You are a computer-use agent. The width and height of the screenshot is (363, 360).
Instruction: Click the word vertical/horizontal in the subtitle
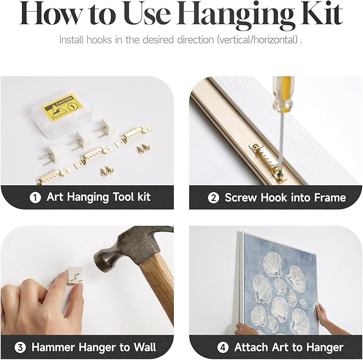point(258,40)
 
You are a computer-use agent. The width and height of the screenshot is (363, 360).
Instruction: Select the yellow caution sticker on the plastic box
point(62,107)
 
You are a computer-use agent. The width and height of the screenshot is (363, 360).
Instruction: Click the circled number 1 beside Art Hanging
point(35,197)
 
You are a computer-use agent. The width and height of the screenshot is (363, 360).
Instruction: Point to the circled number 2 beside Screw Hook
point(213,198)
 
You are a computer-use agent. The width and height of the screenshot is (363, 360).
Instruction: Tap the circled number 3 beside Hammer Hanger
point(20,347)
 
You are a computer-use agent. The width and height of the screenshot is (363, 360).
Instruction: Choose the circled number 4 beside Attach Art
point(223,348)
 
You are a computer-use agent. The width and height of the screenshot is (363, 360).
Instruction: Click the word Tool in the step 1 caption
point(123,197)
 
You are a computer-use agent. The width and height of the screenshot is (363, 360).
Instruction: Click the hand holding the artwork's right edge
point(324,317)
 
